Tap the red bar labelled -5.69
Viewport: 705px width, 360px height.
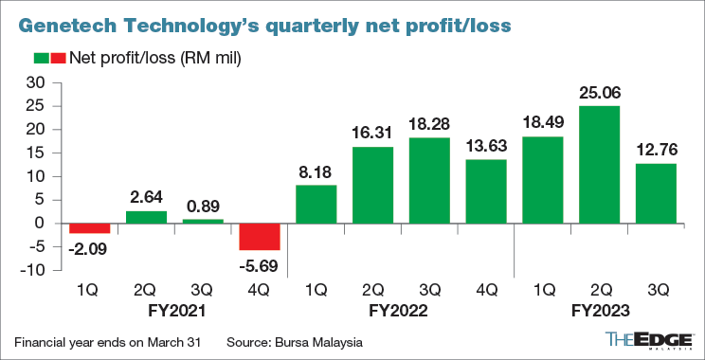(x=260, y=236)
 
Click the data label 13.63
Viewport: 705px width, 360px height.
(x=486, y=148)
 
